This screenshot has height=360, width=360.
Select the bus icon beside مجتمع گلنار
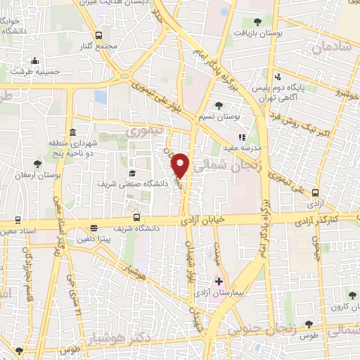pos(98,35)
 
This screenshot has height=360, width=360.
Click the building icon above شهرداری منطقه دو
pos(73,133)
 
